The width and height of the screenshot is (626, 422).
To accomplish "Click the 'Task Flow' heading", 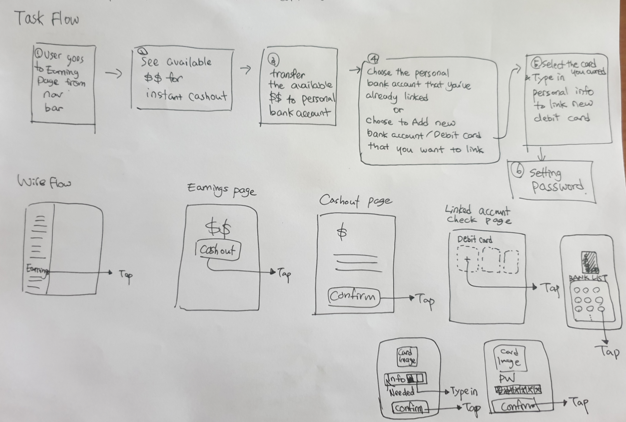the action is click(47, 19).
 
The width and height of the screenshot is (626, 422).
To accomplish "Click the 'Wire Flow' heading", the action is click(44, 181).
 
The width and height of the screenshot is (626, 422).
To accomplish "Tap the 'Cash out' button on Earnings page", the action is click(218, 250).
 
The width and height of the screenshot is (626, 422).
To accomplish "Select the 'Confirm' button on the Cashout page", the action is click(353, 297).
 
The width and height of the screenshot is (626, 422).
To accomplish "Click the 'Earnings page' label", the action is click(222, 189).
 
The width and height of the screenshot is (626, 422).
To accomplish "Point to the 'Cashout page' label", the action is click(355, 200).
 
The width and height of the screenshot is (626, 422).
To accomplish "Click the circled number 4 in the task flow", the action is click(373, 59).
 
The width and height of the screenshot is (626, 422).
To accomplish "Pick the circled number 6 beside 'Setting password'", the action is click(518, 171).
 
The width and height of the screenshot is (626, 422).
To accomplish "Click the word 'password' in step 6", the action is click(558, 187).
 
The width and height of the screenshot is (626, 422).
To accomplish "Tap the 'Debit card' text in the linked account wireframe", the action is click(475, 239).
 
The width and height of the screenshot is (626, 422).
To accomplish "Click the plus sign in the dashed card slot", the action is click(467, 259).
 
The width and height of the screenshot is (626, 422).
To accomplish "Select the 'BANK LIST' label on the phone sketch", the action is click(588, 277).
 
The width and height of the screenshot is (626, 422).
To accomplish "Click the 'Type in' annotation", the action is click(464, 392).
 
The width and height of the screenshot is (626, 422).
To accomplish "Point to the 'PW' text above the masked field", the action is click(507, 378).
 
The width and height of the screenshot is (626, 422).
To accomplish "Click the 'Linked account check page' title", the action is click(478, 215).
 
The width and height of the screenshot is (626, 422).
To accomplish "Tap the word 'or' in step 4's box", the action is click(398, 110).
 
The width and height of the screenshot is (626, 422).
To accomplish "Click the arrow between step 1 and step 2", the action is click(113, 73).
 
